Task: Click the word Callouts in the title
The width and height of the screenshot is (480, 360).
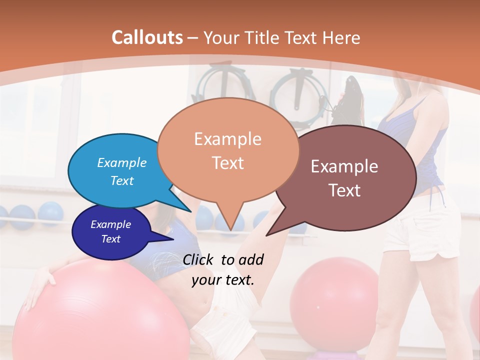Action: point(147,37)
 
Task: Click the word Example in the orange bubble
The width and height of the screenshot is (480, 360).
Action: point(227,139)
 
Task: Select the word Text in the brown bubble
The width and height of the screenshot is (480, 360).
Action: point(344,190)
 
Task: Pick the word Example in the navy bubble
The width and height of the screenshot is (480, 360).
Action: point(110,224)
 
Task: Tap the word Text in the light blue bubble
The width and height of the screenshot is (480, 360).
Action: point(122,180)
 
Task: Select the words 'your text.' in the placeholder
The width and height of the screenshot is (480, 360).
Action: point(223,280)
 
